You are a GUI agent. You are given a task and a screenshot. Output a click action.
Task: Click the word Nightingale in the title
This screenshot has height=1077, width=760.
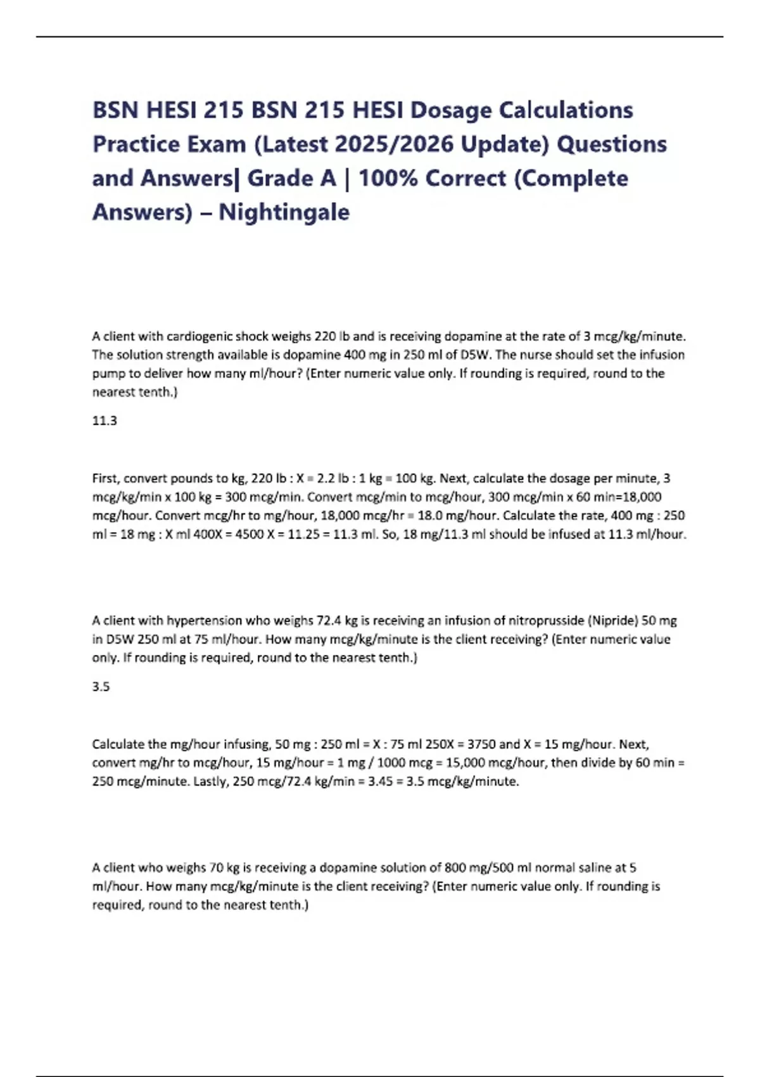pos(284,212)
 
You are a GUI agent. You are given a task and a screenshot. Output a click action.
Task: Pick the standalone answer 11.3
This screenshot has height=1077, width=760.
pos(104,421)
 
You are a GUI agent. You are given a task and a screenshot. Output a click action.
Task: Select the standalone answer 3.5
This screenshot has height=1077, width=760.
pos(101,687)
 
